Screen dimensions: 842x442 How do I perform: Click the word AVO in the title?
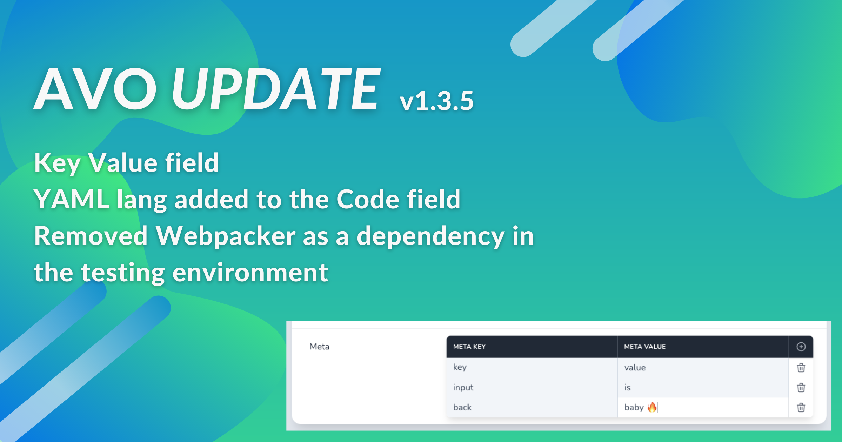95,89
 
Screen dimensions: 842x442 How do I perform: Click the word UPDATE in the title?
276,89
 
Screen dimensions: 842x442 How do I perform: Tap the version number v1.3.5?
437,101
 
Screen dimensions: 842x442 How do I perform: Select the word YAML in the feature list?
72,199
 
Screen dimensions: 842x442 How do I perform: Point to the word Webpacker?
225,236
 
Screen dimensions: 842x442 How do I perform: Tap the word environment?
250,273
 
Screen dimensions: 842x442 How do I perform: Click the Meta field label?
319,347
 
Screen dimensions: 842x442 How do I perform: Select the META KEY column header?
469,347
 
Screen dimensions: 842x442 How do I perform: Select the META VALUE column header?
644,347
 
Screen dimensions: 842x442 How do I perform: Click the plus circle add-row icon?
801,347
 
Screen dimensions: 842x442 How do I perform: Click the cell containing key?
532,368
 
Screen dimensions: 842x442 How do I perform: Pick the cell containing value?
703,368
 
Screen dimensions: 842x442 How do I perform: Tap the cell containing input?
532,388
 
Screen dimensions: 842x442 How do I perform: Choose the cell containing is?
703,388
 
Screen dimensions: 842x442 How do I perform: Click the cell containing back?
532,407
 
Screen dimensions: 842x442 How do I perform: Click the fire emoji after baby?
652,407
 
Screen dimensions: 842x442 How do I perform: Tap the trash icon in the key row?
801,368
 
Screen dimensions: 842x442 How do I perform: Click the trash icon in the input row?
801,388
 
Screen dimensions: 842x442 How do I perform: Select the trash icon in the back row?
801,408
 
